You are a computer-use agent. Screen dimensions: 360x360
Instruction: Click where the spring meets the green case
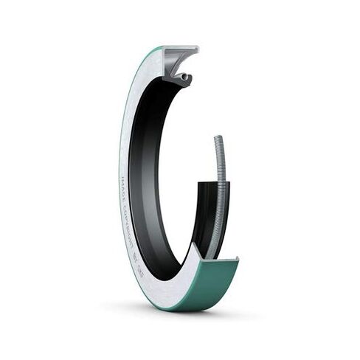[x=214, y=255]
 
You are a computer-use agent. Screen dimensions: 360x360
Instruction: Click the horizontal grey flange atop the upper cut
[x=180, y=51]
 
